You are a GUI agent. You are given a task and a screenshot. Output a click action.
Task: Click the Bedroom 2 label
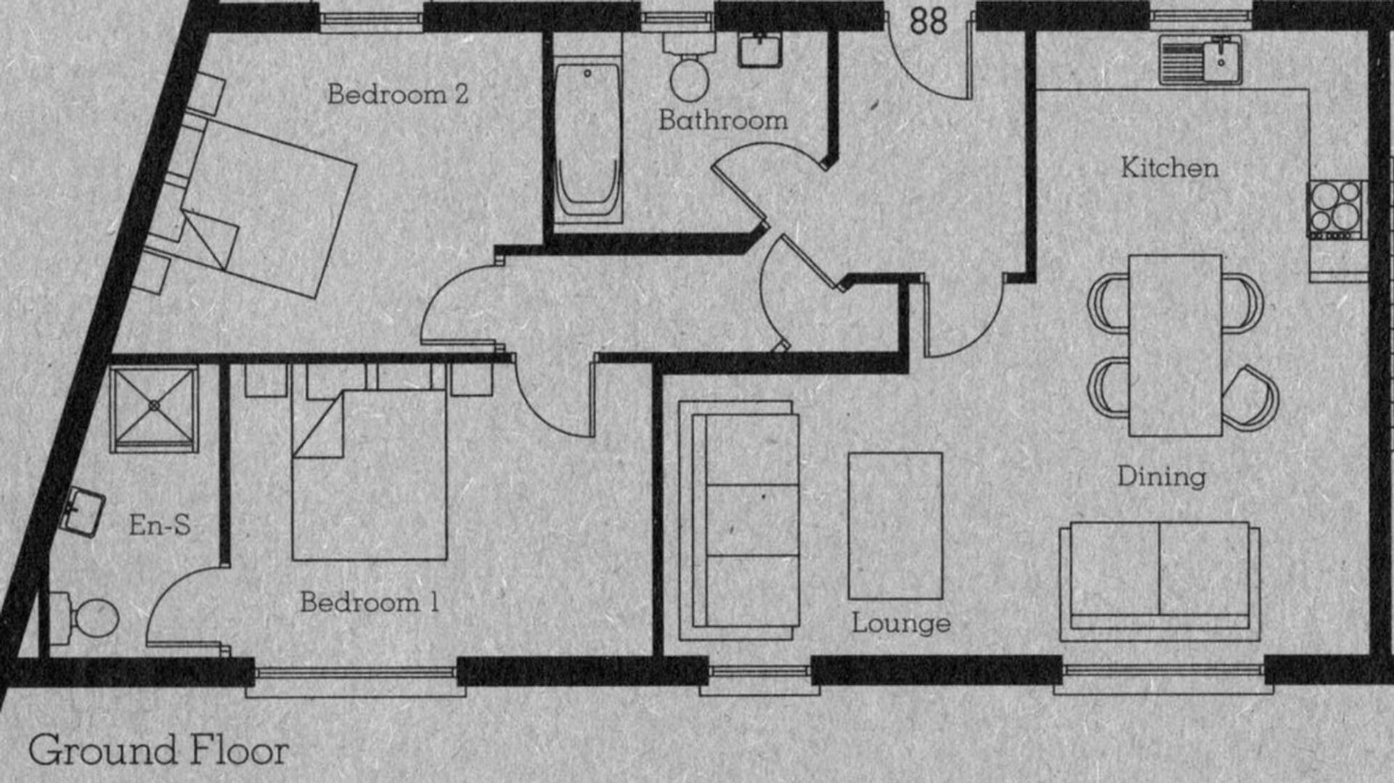click(398, 94)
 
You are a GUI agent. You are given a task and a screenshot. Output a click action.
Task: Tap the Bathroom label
click(723, 120)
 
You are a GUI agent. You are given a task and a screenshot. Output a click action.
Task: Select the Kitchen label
click(1170, 168)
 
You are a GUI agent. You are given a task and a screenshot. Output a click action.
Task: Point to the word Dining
click(1162, 477)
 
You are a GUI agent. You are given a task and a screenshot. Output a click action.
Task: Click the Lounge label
click(901, 623)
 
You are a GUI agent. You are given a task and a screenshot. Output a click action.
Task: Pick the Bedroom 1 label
click(370, 602)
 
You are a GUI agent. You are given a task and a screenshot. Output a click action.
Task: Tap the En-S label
click(160, 524)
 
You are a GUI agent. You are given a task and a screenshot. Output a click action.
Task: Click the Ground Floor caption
click(158, 750)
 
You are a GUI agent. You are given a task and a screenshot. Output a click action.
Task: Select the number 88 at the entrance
click(929, 21)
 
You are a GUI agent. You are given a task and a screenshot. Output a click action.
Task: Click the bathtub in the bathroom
click(587, 142)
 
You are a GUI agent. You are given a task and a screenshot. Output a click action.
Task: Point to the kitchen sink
click(1200, 60)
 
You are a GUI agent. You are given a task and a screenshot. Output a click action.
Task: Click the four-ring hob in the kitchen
click(1336, 209)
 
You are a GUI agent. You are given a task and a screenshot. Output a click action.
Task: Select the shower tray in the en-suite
click(154, 409)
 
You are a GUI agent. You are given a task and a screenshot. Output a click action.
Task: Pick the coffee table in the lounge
click(895, 526)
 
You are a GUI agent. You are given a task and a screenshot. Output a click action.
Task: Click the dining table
click(1175, 345)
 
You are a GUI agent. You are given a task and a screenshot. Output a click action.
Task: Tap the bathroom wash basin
click(759, 50)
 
